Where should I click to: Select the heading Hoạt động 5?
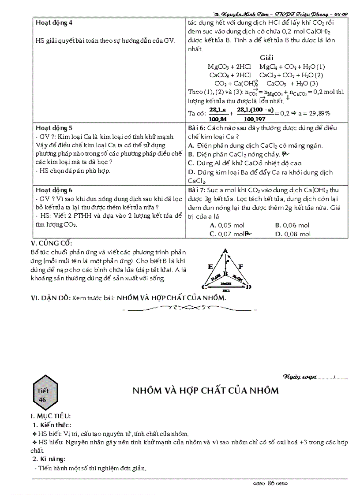(x=54, y=128)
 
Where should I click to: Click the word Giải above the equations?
(x=267, y=58)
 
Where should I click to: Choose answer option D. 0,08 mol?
(x=293, y=234)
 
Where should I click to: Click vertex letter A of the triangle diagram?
(x=225, y=251)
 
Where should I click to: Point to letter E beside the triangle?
(x=210, y=267)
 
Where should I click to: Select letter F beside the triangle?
(x=240, y=266)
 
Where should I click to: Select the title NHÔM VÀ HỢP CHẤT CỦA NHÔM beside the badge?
(x=206, y=391)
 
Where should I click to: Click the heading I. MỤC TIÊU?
(x=51, y=416)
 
